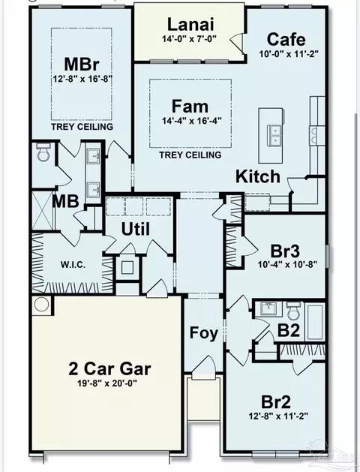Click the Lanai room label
tap(190, 24)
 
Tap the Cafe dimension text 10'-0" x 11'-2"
tap(289, 54)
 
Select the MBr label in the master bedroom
tap(82, 64)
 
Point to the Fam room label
tap(190, 107)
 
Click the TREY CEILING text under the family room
tap(190, 155)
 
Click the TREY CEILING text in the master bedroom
tap(82, 127)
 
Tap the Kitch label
tap(258, 176)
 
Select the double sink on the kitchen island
tap(275, 135)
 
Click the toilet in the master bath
tap(43, 152)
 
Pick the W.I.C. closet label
tap(73, 265)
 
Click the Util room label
tap(135, 230)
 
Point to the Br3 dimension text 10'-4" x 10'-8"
tap(288, 265)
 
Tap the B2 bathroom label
tap(289, 330)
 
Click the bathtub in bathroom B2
tap(314, 321)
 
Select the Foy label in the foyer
tap(203, 333)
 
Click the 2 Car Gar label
tap(109, 368)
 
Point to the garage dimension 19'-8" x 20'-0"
tap(107, 383)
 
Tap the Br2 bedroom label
tap(276, 402)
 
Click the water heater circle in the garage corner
tap(41, 305)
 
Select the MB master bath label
tap(65, 201)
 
